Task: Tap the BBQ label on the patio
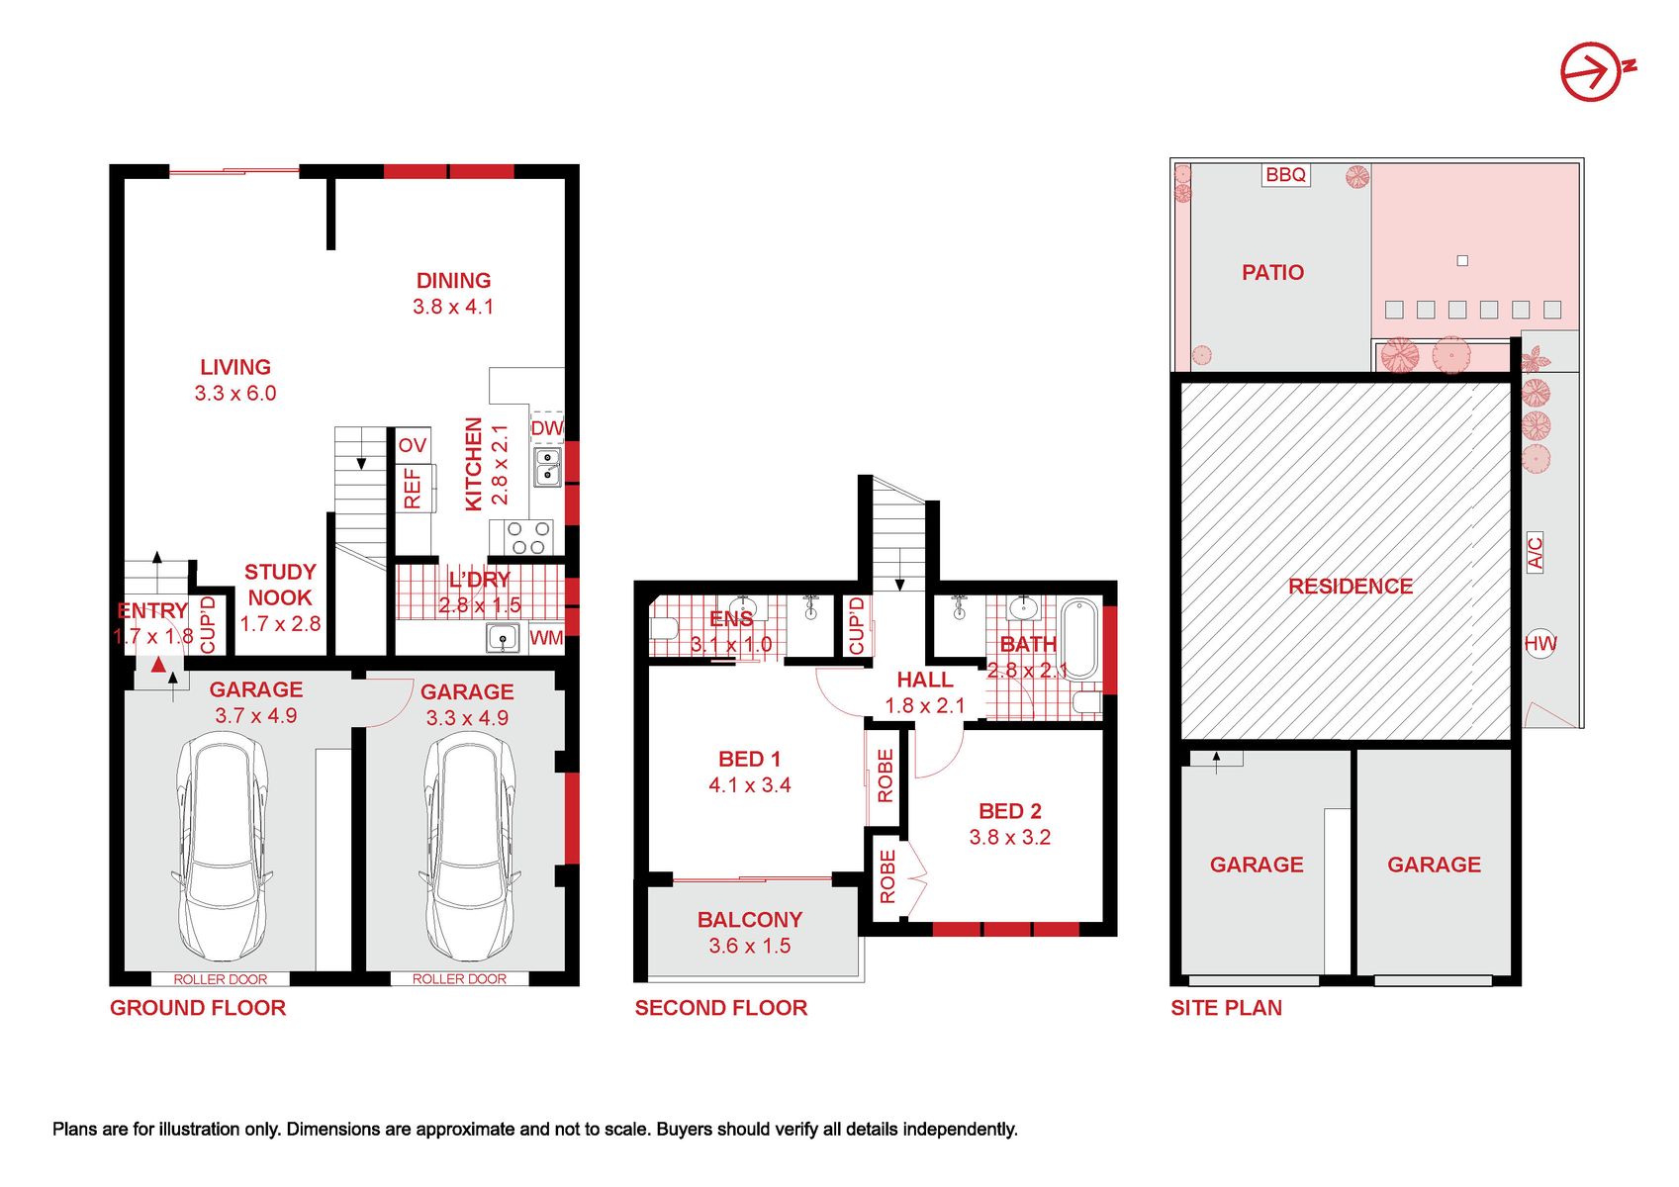1285,175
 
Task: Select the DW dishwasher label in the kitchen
546,428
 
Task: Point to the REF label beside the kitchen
413,488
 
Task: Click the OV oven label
413,445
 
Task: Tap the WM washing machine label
546,638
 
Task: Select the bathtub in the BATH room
1079,638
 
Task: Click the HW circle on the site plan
1540,643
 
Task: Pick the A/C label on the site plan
1535,552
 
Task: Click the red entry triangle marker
158,665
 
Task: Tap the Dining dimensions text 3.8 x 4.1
453,307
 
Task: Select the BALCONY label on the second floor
750,920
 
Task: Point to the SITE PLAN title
1226,1008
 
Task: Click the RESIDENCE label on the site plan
1351,586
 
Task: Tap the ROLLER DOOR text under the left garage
221,979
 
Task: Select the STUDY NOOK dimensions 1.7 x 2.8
280,623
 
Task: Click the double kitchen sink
548,467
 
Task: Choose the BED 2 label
1009,811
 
